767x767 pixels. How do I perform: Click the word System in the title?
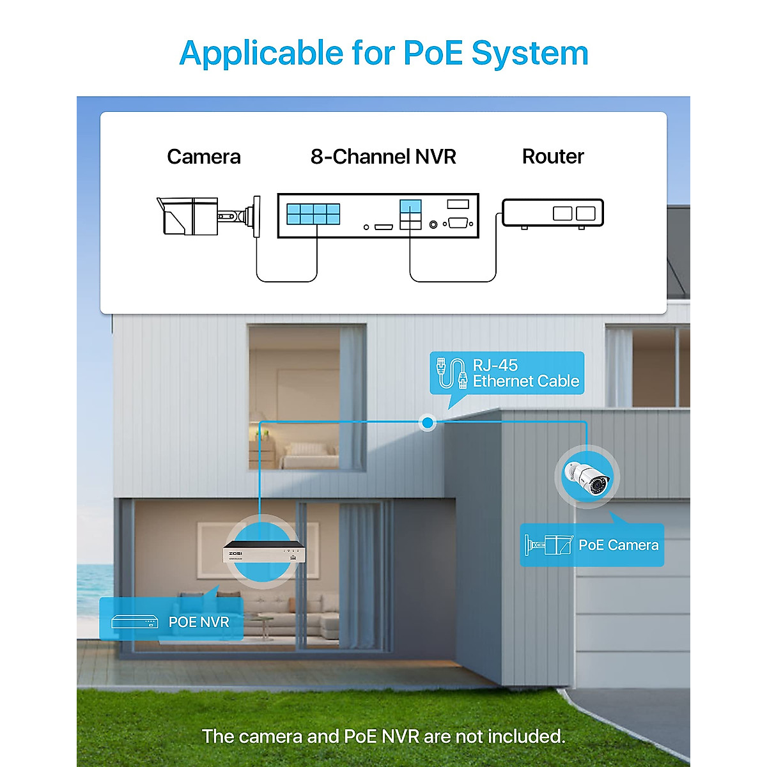point(529,54)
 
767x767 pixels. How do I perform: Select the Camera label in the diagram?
point(203,157)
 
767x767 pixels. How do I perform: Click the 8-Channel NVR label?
point(383,157)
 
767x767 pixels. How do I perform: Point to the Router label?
point(553,157)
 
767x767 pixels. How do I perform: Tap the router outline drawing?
point(553,213)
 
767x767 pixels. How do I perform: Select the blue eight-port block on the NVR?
point(313,213)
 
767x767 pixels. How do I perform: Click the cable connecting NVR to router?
point(453,281)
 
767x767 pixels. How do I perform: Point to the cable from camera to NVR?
point(286,281)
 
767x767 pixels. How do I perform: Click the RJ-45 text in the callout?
point(495,365)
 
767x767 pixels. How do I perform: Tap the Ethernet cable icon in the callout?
point(451,373)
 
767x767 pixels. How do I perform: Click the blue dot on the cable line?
point(428,422)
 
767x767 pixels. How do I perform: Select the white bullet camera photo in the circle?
point(587,477)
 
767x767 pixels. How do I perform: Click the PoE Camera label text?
point(618,545)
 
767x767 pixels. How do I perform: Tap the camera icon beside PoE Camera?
point(547,545)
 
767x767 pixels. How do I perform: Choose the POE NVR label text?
point(198,622)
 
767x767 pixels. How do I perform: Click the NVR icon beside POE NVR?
point(134,622)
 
